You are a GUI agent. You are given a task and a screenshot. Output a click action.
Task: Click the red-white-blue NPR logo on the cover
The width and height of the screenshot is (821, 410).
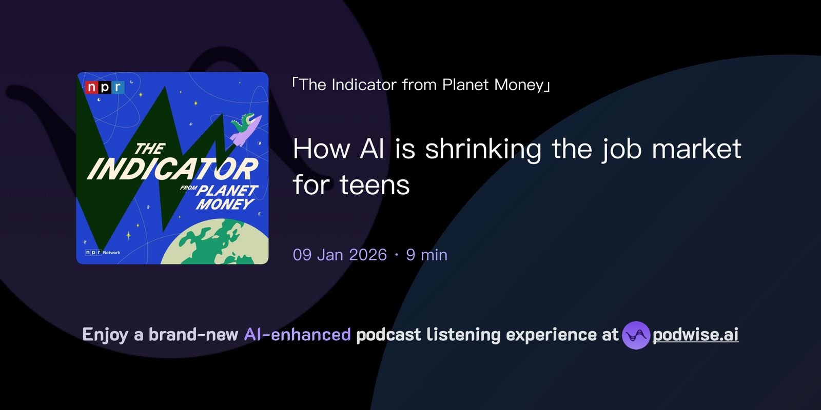[x=105, y=88]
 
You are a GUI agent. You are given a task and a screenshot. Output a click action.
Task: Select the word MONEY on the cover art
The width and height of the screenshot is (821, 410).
[x=225, y=204]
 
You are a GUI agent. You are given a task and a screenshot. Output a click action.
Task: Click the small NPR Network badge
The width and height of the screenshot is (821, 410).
[x=103, y=253]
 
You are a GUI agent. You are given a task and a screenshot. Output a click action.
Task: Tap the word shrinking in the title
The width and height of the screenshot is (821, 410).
[x=483, y=149]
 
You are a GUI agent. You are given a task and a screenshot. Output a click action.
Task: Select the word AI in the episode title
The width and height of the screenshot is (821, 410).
[x=372, y=149]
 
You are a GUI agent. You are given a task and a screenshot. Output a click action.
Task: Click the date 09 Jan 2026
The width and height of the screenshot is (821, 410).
[x=340, y=255]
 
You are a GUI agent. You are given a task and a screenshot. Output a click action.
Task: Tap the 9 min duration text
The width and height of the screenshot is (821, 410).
[x=426, y=255]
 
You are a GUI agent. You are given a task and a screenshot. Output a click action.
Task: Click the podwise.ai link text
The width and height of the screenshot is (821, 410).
[x=695, y=335]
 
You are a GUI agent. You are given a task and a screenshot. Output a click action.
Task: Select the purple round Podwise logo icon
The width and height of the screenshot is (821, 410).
[x=636, y=335]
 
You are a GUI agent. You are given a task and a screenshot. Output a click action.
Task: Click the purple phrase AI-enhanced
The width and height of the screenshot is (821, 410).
[x=297, y=335]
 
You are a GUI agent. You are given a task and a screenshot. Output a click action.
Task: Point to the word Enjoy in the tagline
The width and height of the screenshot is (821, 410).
[x=105, y=335]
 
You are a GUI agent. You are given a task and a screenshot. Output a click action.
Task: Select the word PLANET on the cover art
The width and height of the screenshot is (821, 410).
[x=227, y=190]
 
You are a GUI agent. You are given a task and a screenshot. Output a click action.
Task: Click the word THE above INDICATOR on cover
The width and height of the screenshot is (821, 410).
[x=149, y=149]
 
